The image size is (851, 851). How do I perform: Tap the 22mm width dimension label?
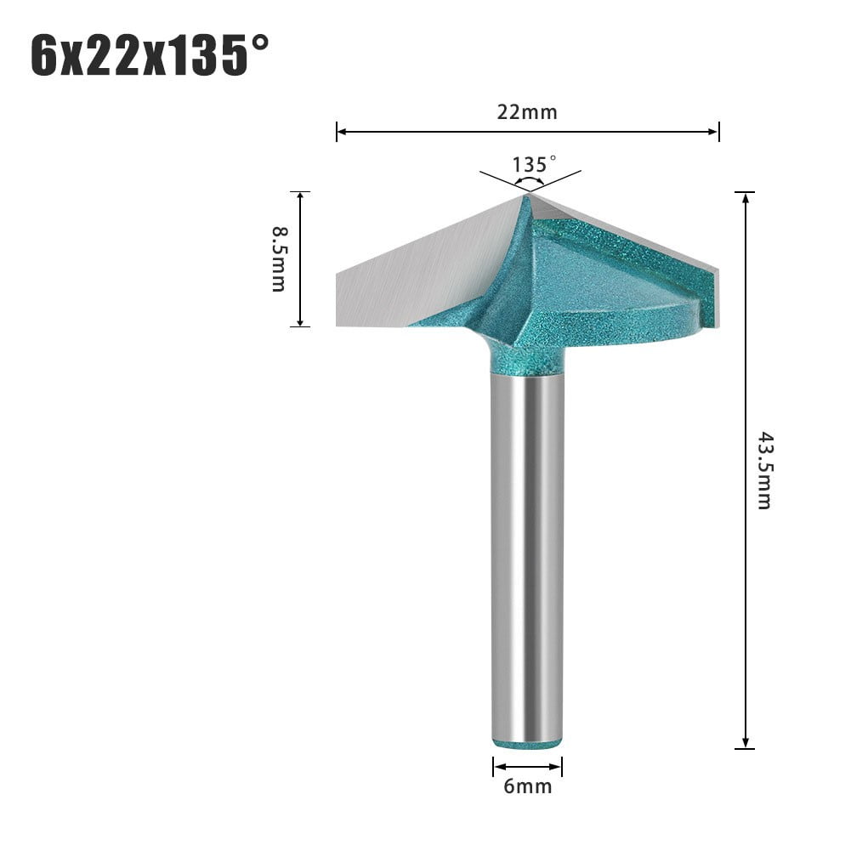(527, 111)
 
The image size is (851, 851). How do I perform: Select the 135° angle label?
(534, 163)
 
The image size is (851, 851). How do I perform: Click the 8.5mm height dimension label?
(279, 258)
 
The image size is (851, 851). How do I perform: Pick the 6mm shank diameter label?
(527, 786)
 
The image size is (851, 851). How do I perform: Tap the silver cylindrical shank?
(527, 553)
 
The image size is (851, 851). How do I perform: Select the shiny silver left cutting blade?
(417, 272)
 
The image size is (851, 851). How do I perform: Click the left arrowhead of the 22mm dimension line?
(341, 132)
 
